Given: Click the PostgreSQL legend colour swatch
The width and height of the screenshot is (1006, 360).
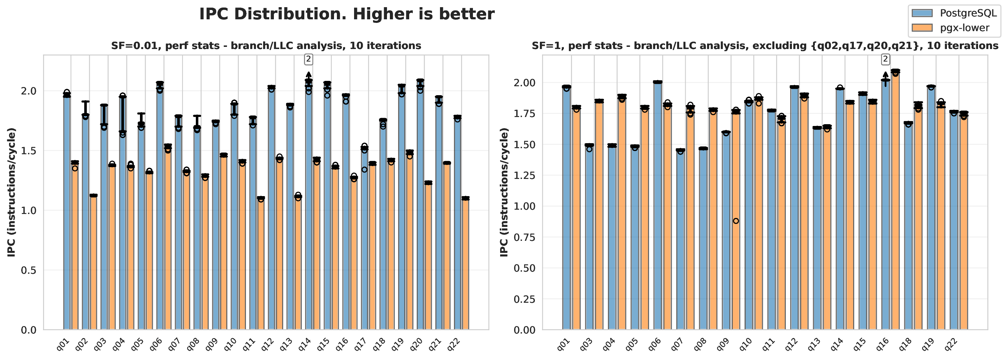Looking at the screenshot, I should coord(922,13).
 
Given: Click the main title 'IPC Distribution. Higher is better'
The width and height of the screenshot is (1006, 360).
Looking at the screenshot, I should coord(347,14).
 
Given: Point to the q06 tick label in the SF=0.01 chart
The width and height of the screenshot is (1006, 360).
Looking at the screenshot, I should coord(156,344).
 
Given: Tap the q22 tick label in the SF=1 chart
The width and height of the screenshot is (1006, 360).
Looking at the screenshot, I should coord(951,344).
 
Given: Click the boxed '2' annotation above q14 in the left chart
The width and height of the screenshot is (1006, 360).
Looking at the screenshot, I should coord(309,59).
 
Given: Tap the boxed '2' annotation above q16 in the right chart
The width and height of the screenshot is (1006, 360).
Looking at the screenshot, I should coord(885,59).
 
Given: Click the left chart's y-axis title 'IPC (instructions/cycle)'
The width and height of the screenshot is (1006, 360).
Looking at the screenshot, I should coord(12,192).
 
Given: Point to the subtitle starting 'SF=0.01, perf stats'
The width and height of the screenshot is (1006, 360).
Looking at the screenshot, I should coord(266,46).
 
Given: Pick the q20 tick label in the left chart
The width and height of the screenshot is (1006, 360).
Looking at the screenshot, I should coord(417,344).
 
